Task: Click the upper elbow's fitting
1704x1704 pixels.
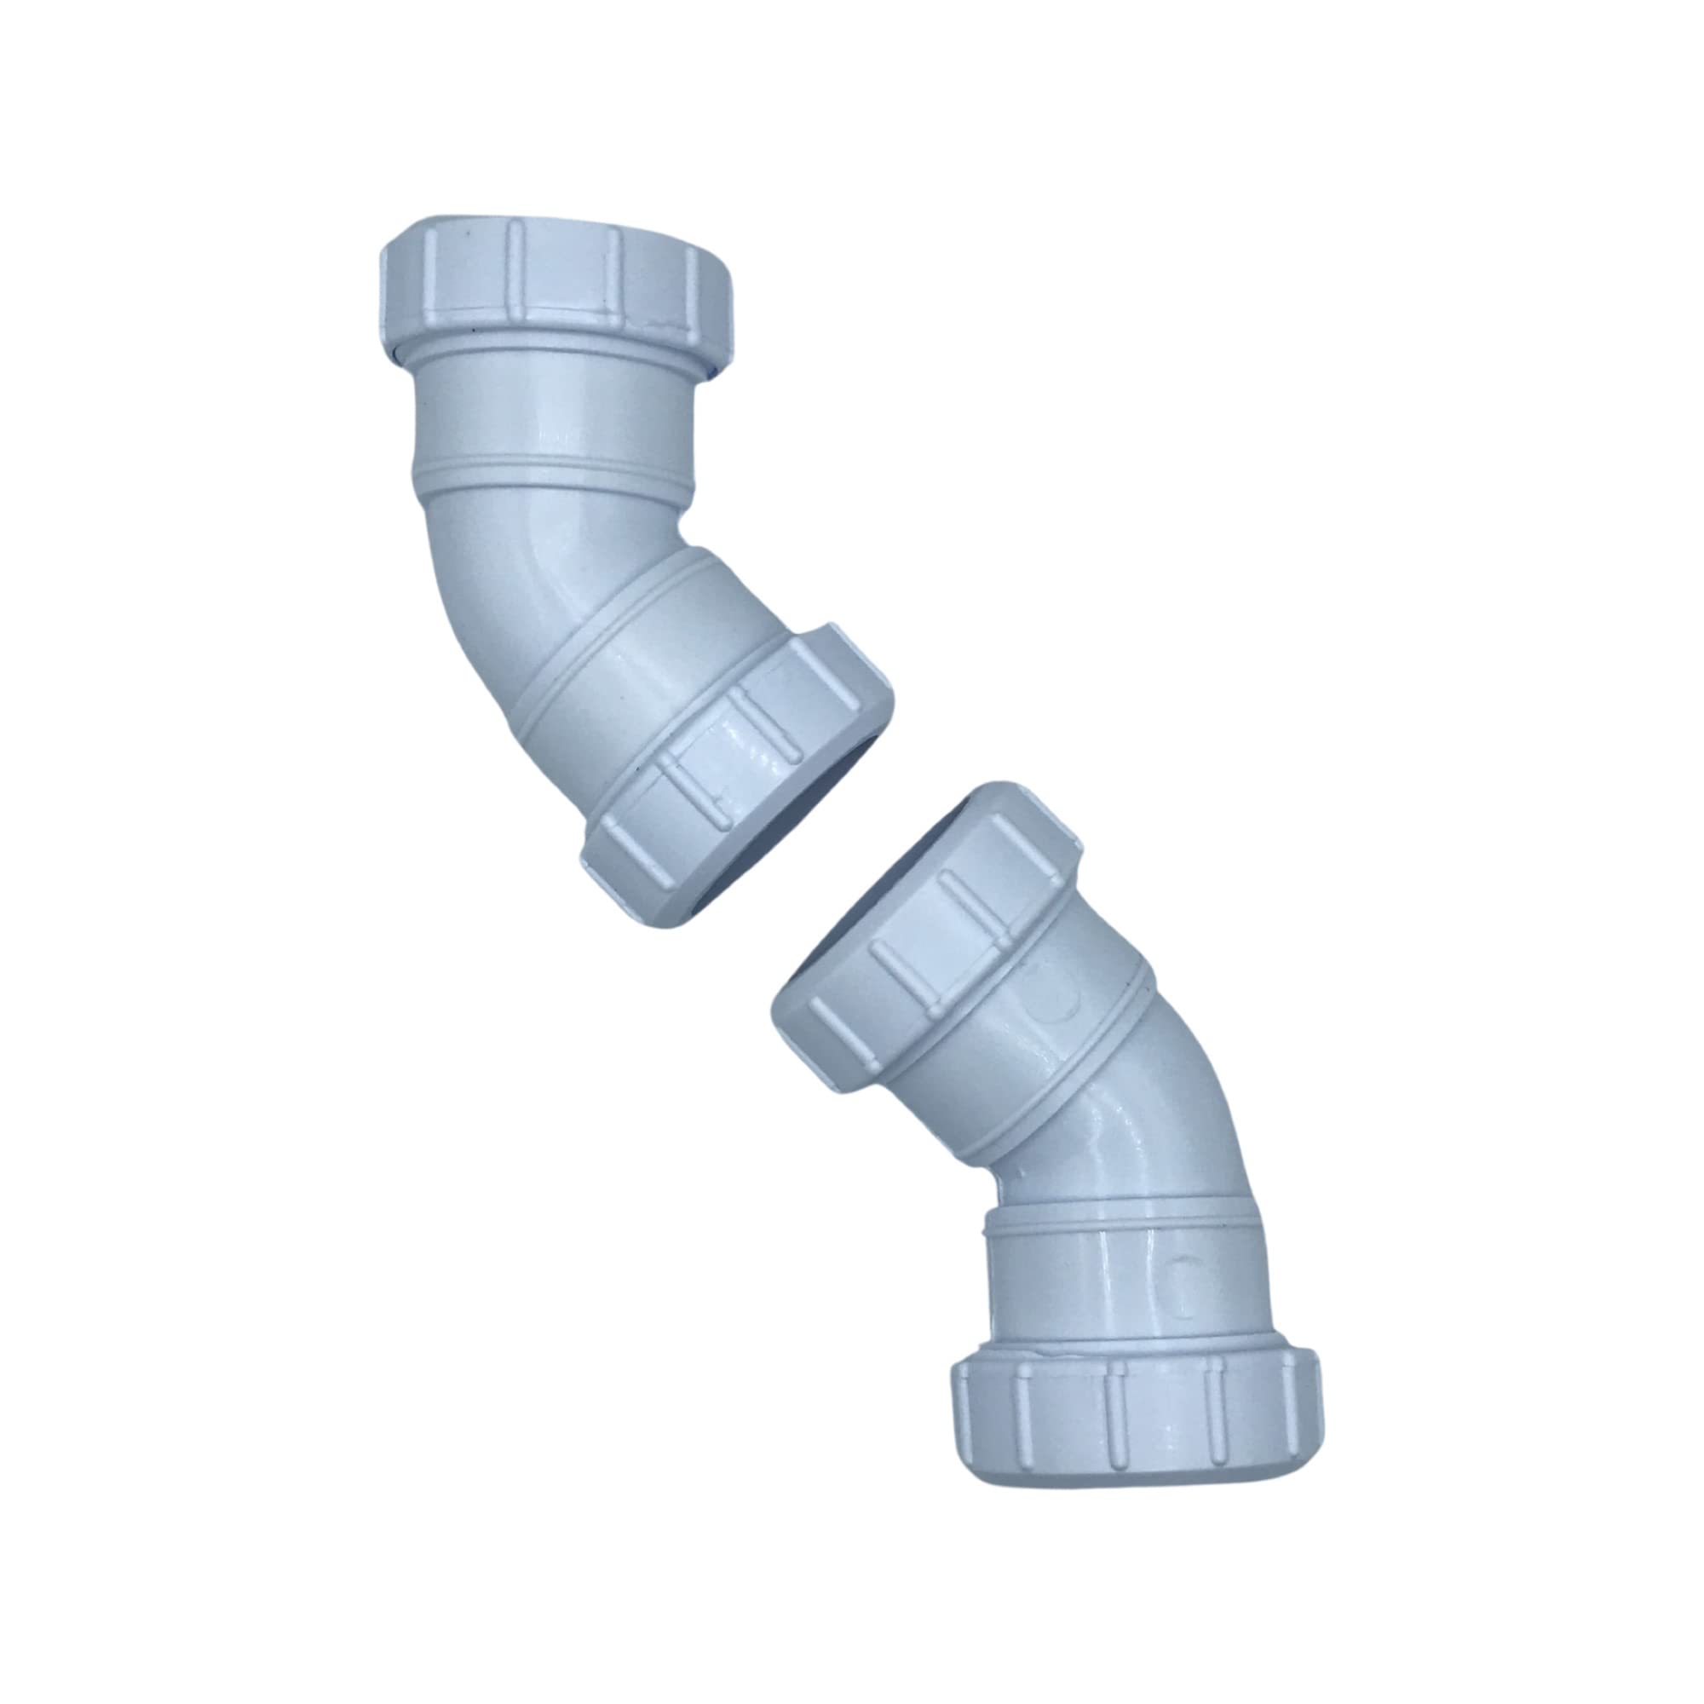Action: pyautogui.click(x=565, y=529)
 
